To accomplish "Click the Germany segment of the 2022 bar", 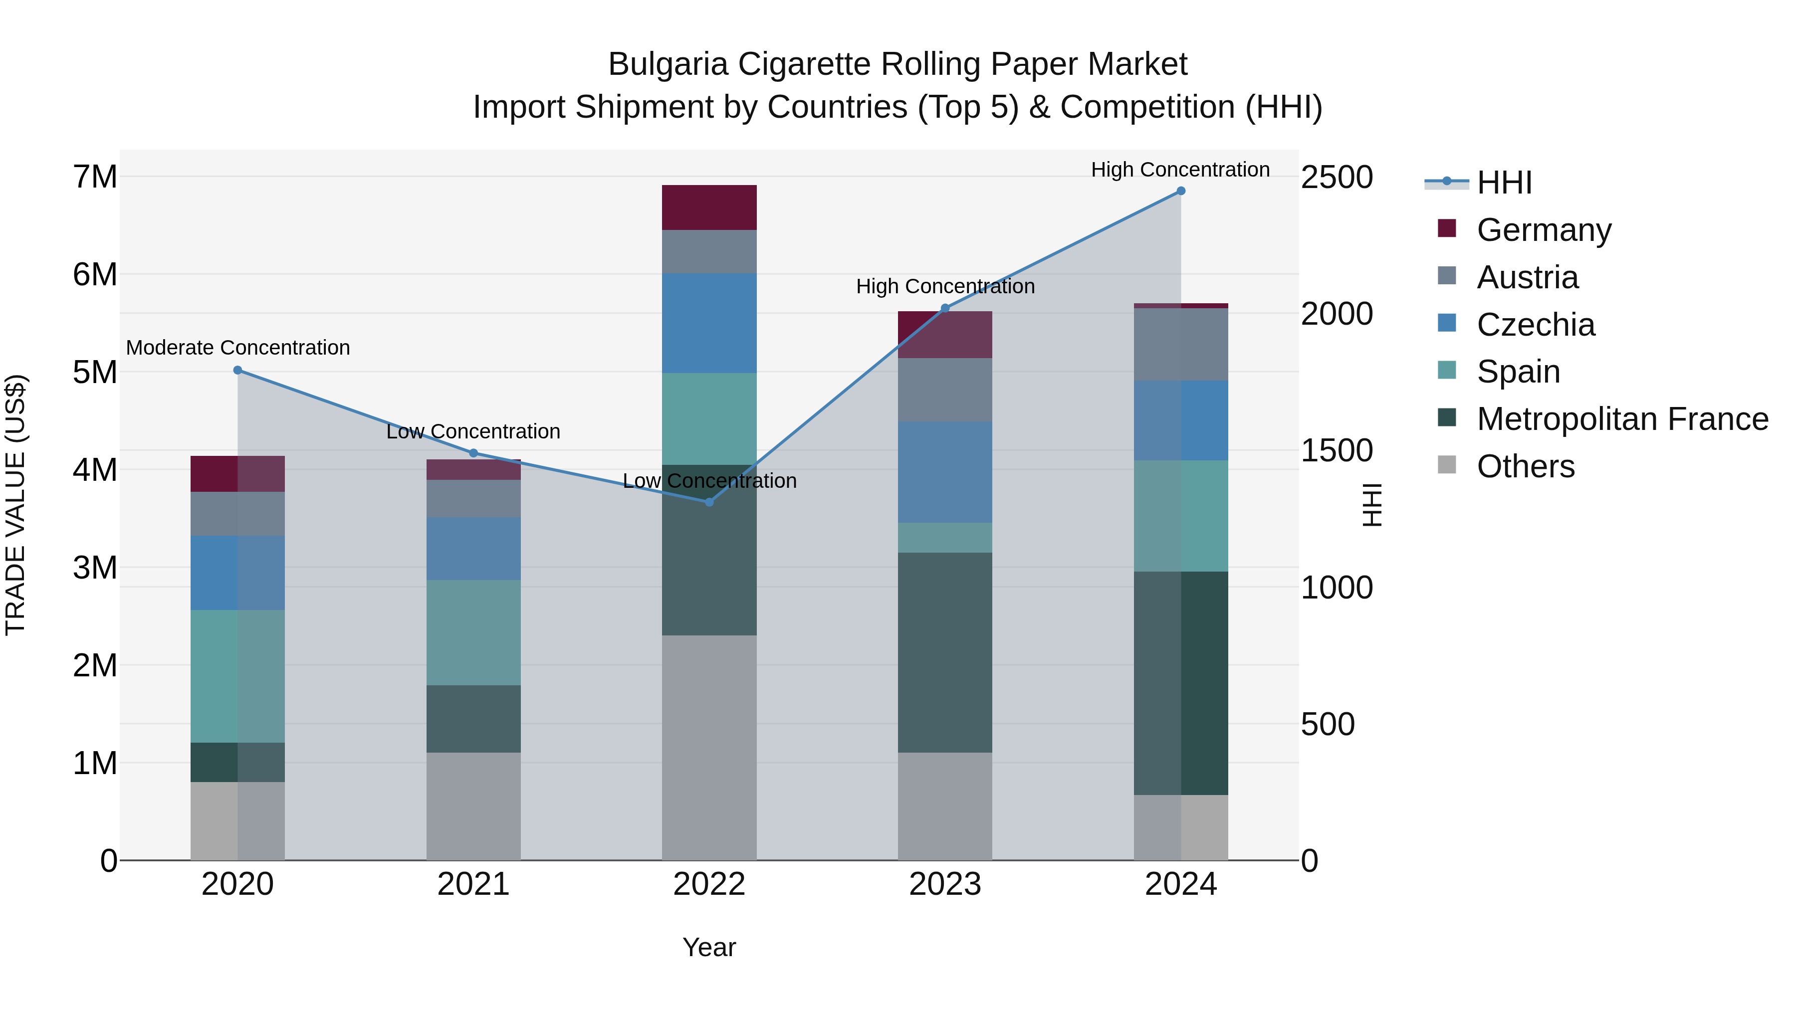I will (x=709, y=207).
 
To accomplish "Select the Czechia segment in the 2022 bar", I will (x=709, y=323).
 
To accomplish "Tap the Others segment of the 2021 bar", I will (x=473, y=806).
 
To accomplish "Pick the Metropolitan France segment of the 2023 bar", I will (x=945, y=652).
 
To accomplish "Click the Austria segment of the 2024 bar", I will (x=1180, y=344).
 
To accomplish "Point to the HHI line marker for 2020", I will (x=238, y=370).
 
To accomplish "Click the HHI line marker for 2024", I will (x=1180, y=191).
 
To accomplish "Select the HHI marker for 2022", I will (x=709, y=502).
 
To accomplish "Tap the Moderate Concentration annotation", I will (x=238, y=348).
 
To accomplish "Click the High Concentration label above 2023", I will (x=945, y=286).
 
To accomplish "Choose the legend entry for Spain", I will (x=1518, y=372).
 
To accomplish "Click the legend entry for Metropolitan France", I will (x=1622, y=419).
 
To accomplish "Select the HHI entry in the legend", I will (x=1503, y=183).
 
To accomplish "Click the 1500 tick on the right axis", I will (x=1337, y=451).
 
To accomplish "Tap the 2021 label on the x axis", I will (x=473, y=884).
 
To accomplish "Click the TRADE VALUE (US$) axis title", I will (x=15, y=505).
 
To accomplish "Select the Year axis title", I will (x=709, y=947).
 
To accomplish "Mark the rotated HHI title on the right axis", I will (x=1371, y=505).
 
